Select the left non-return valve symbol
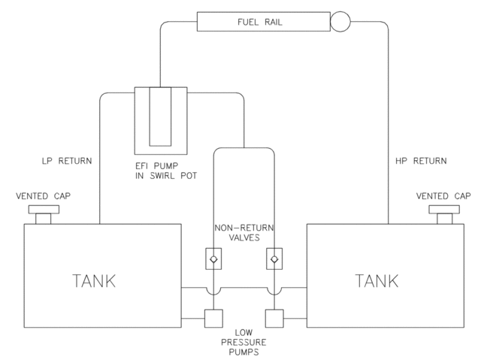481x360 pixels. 213,258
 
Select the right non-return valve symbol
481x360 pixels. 274,258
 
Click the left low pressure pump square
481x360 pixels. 213,319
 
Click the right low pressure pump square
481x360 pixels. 274,319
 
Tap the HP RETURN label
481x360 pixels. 421,161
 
